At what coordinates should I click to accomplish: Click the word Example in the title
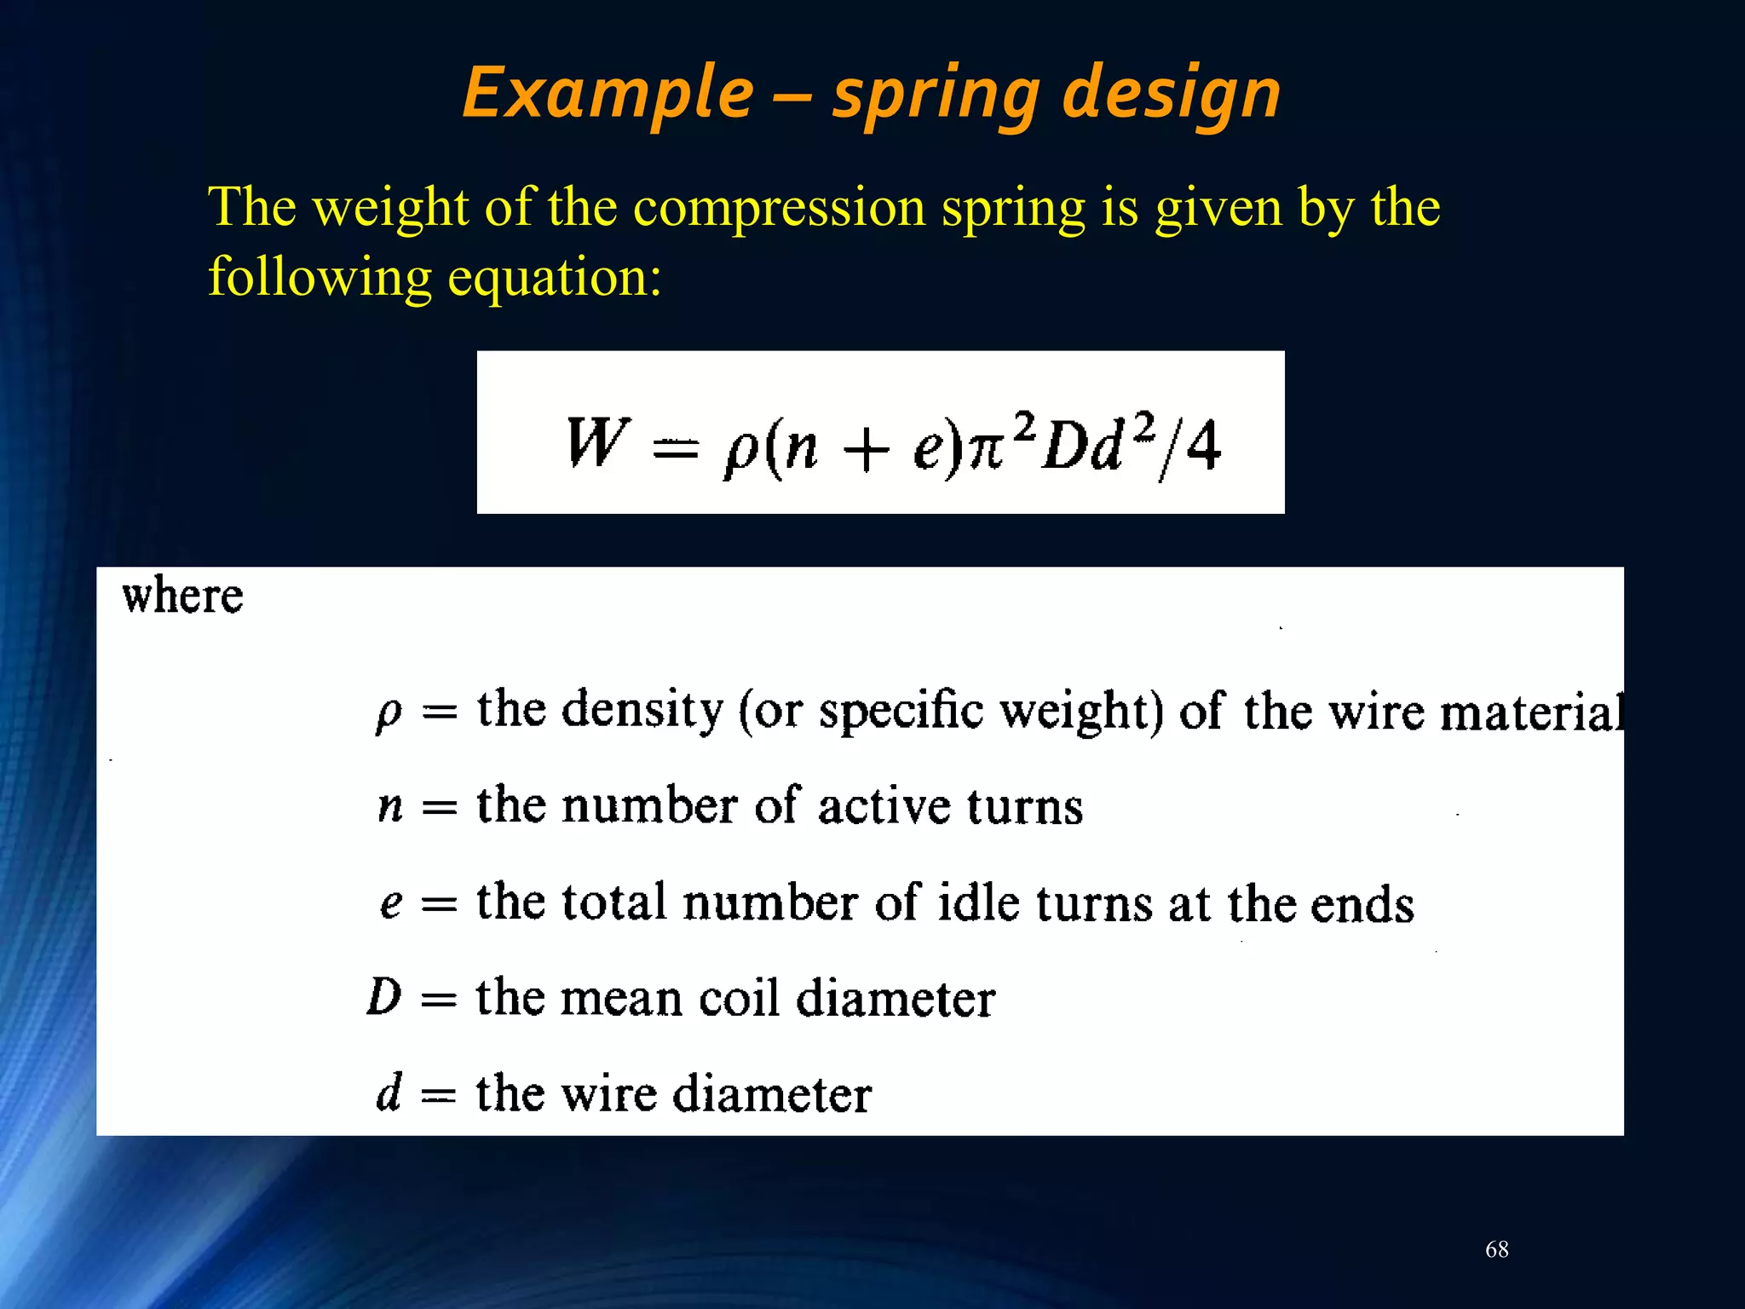[x=608, y=94]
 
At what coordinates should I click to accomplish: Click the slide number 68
[x=1497, y=1249]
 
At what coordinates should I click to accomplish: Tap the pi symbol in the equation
[x=987, y=450]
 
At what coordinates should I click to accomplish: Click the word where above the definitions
[x=182, y=596]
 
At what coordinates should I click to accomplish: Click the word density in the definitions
[x=642, y=709]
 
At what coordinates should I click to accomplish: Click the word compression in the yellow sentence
[x=779, y=207]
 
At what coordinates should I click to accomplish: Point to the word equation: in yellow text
[x=555, y=277]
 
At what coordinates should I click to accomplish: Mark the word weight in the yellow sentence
[x=391, y=207]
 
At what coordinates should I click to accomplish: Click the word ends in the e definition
[x=1362, y=905]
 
